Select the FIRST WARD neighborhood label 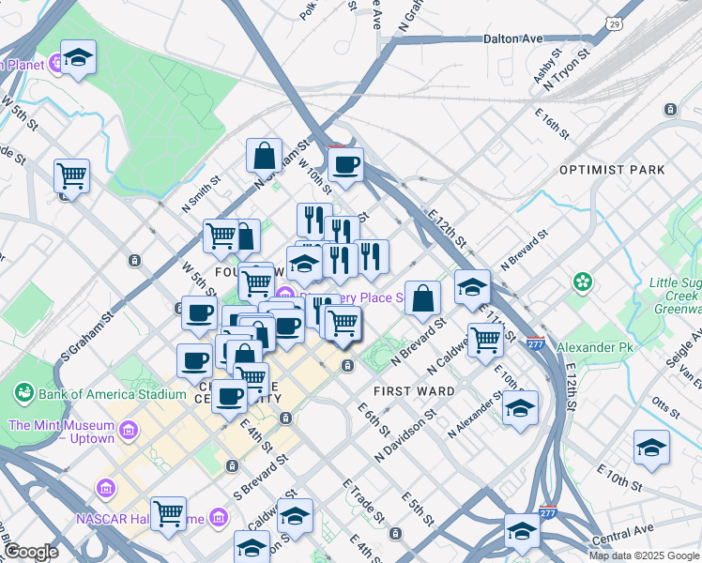coord(414,390)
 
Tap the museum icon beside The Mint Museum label coord(130,432)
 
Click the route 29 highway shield coord(613,23)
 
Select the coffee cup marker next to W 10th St coord(346,166)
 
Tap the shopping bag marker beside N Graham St coord(265,155)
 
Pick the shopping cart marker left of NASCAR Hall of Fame coord(168,513)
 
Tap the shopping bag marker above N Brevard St coord(423,297)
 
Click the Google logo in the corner coord(31,552)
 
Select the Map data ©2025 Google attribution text coord(643,555)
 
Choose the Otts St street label coord(664,405)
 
